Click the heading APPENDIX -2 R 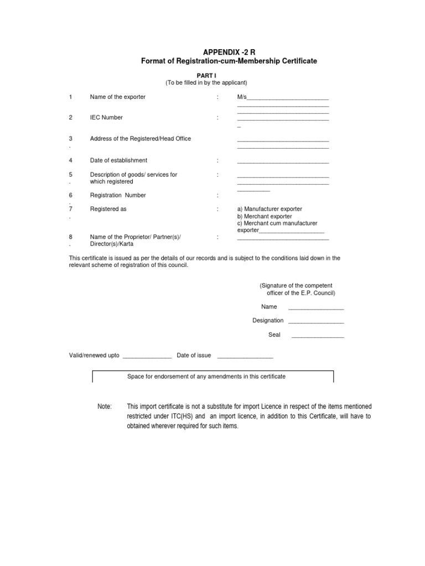click(x=229, y=51)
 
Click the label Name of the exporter click(x=118, y=97)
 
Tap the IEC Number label click(x=106, y=118)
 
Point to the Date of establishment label click(x=118, y=161)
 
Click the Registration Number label click(x=118, y=196)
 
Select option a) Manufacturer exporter click(x=269, y=209)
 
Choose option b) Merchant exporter click(x=265, y=217)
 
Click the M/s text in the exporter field click(x=242, y=97)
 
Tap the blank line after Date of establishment click(x=283, y=162)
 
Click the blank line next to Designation click(x=316, y=322)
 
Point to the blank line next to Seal click(x=318, y=336)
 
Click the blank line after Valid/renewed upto click(x=147, y=357)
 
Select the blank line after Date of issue click(x=245, y=357)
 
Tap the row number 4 click(x=71, y=161)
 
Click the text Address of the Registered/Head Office click(x=141, y=139)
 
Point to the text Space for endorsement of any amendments click(x=206, y=376)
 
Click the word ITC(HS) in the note click(x=176, y=417)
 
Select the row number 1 click(x=71, y=97)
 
